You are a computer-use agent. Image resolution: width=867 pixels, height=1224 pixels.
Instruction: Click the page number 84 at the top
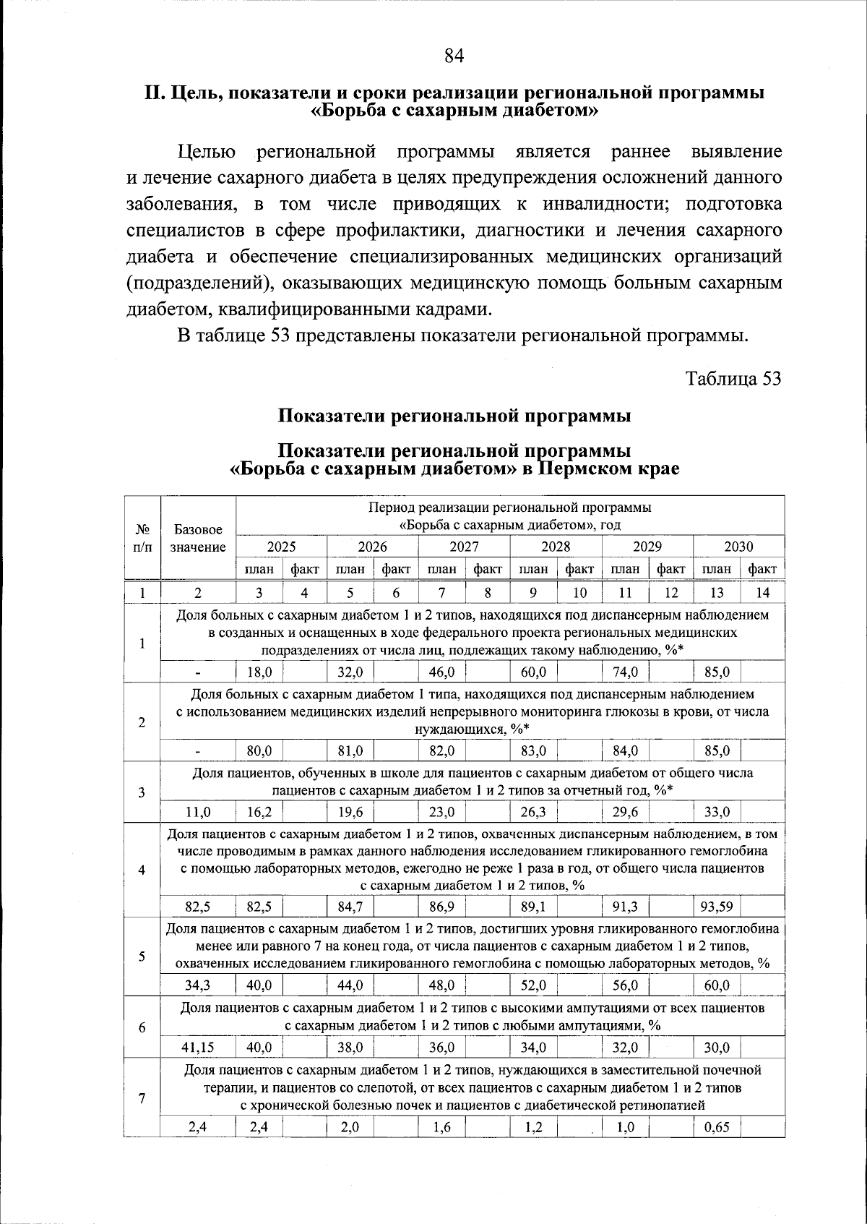click(x=453, y=56)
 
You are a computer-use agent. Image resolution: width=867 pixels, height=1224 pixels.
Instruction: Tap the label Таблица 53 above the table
click(x=733, y=379)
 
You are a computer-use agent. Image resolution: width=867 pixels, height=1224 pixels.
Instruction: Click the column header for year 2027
click(x=464, y=547)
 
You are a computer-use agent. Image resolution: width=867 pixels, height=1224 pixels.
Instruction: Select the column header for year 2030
click(x=738, y=547)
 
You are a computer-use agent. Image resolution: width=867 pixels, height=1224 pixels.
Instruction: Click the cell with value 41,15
click(x=197, y=1047)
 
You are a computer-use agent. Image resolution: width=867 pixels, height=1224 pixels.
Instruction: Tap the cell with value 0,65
click(x=716, y=1126)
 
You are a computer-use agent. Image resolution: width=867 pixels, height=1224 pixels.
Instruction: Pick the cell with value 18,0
click(x=259, y=672)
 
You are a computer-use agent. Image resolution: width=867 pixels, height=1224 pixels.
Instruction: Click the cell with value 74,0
click(x=625, y=672)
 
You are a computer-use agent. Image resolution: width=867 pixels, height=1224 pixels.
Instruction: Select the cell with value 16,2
click(x=259, y=811)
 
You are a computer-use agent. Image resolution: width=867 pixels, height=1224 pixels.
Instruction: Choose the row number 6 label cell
click(x=142, y=1027)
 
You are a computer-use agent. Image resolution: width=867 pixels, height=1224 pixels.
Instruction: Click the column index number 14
click(x=762, y=593)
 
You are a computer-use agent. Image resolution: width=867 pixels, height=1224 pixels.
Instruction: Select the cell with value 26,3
click(x=533, y=811)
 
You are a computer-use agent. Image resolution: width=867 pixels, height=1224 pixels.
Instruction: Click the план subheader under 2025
click(x=259, y=569)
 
